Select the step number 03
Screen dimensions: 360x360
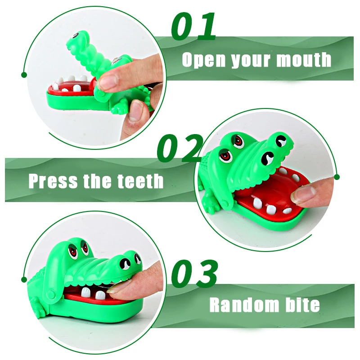point(194,274)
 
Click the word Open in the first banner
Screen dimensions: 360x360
point(204,60)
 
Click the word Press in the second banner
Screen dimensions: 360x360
point(53,181)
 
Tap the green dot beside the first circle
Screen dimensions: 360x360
point(24,75)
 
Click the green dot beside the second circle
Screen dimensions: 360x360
point(337,177)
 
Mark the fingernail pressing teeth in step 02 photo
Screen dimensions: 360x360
point(302,193)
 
